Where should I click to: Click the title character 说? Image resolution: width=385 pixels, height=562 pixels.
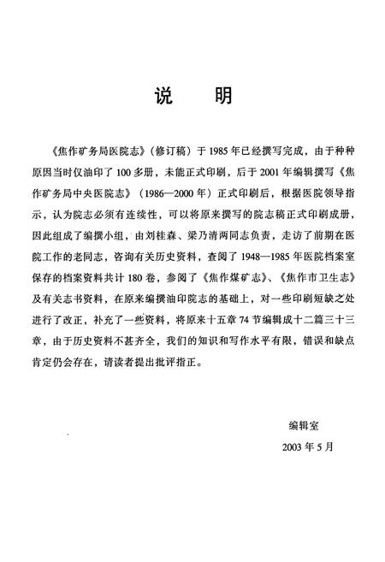click(x=162, y=97)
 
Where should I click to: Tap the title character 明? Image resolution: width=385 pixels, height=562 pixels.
click(x=222, y=97)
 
